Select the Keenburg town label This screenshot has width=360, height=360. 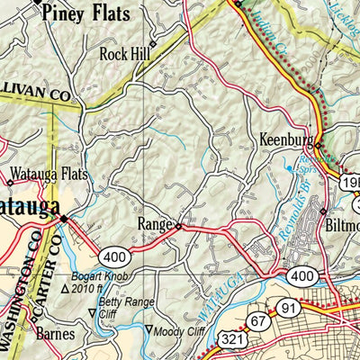(x=285, y=141)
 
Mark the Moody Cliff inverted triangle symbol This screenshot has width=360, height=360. (x=150, y=328)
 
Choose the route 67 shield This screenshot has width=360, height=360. (x=259, y=320)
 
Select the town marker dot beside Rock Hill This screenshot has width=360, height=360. (x=153, y=42)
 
